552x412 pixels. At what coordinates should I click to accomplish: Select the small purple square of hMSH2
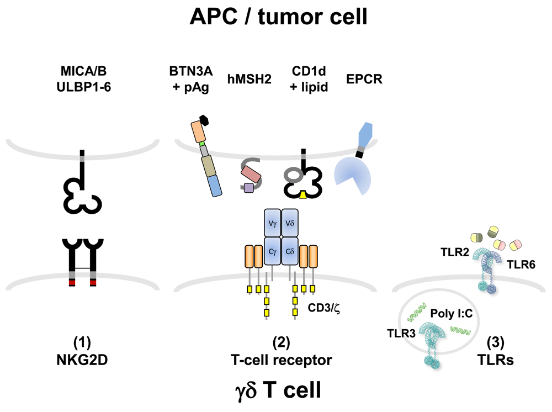(248, 188)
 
